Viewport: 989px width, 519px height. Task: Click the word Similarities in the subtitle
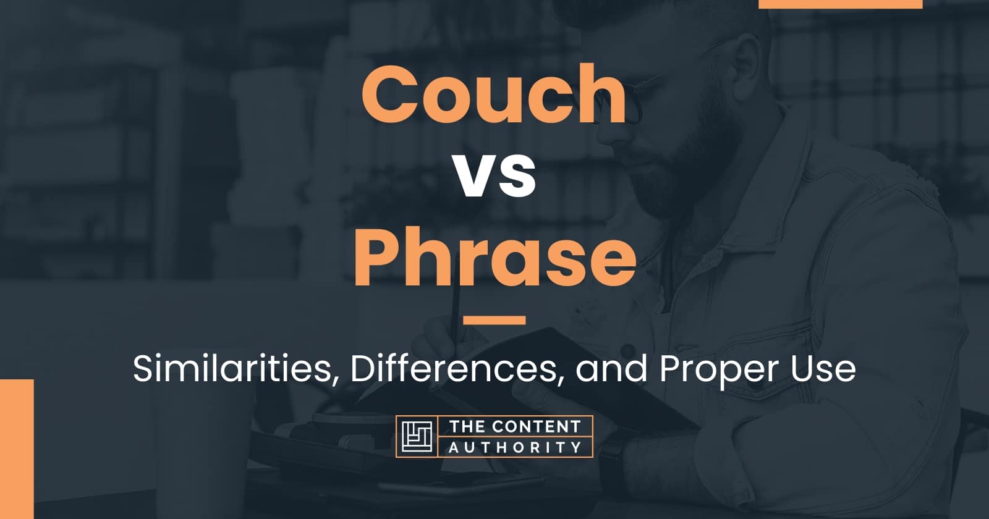coord(232,369)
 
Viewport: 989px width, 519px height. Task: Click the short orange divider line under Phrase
coord(494,320)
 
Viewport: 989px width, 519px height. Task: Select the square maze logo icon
coord(417,436)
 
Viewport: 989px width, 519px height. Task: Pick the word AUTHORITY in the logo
coord(516,447)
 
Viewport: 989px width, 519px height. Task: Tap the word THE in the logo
coord(467,427)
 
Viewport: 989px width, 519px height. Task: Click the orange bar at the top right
coord(840,4)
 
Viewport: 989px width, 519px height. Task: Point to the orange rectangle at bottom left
coord(17,449)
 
